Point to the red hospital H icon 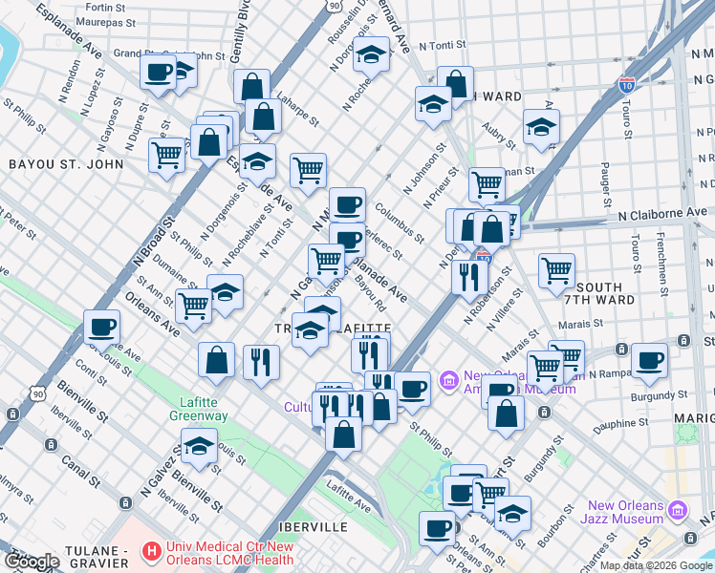[x=150, y=552]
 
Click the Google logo [x=31, y=562]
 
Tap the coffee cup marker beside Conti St [x=102, y=328]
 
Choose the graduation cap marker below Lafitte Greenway [x=199, y=447]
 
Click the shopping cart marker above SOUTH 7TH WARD [x=556, y=270]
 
